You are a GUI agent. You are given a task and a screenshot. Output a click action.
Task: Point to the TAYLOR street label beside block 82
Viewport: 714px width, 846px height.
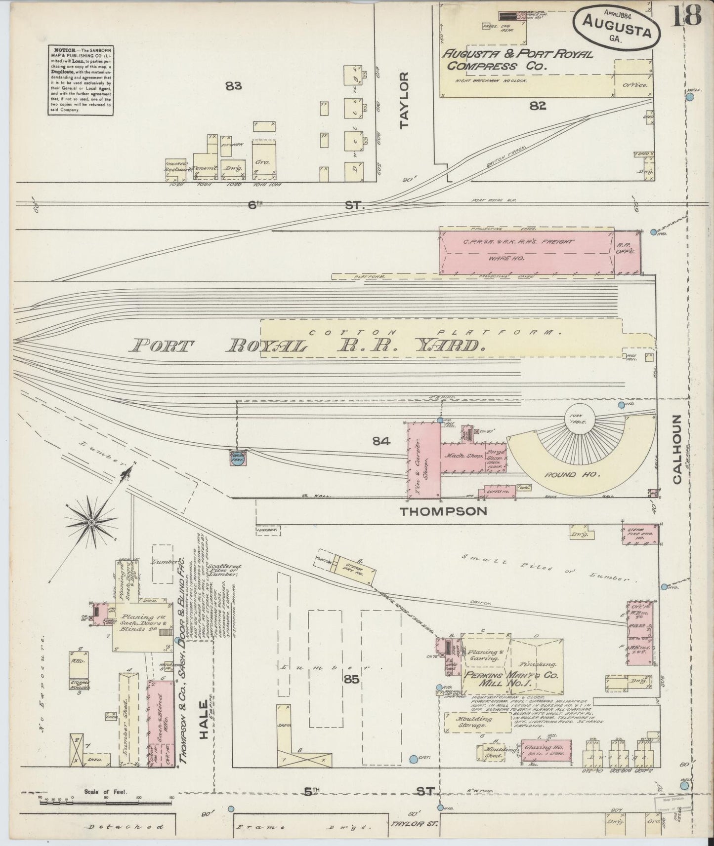[405, 100]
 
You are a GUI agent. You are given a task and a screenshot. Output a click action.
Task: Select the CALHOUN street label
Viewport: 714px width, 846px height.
[676, 449]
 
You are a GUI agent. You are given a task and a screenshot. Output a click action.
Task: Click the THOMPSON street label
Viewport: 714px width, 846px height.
[443, 511]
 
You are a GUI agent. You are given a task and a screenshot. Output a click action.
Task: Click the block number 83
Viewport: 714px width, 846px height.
[233, 86]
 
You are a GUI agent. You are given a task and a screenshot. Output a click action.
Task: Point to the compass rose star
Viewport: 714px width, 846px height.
[91, 522]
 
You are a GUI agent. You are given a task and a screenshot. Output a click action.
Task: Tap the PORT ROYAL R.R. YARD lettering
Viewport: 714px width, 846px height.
[306, 345]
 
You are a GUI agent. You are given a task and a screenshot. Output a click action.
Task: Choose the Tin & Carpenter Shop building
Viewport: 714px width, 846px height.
[423, 460]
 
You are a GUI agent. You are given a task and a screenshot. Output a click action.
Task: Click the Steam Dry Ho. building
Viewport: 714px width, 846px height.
[354, 569]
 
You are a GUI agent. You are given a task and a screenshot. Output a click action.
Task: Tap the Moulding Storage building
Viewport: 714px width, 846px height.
[477, 722]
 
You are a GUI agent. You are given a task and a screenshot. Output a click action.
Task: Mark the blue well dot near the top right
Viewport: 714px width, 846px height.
[690, 98]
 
